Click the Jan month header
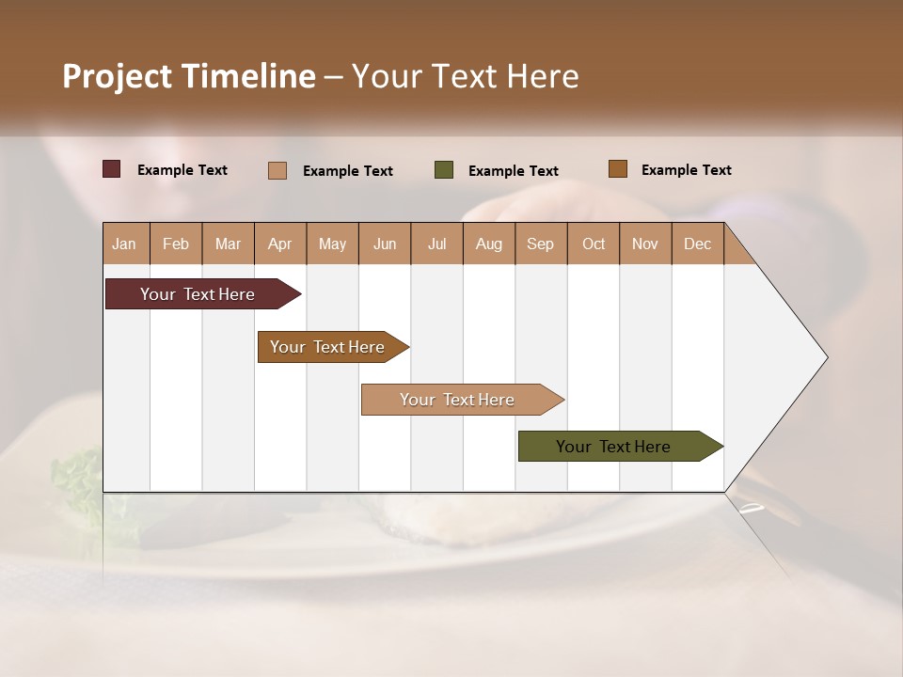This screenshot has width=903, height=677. (x=124, y=244)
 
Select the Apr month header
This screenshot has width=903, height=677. (x=280, y=244)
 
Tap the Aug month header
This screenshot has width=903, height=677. (x=488, y=244)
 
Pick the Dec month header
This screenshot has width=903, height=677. (x=697, y=244)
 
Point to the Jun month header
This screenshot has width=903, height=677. (x=385, y=244)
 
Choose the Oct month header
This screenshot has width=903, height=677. (x=594, y=244)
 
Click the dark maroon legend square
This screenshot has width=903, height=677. (x=111, y=169)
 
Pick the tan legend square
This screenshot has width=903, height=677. (x=277, y=170)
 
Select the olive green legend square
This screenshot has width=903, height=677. (x=444, y=170)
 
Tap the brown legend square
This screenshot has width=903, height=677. (x=617, y=169)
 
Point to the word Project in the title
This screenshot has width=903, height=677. (x=118, y=76)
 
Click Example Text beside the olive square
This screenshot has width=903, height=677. (x=514, y=171)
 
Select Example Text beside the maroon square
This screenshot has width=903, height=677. (x=182, y=170)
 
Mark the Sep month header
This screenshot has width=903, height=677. (x=540, y=244)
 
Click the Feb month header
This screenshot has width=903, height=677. (x=176, y=244)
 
